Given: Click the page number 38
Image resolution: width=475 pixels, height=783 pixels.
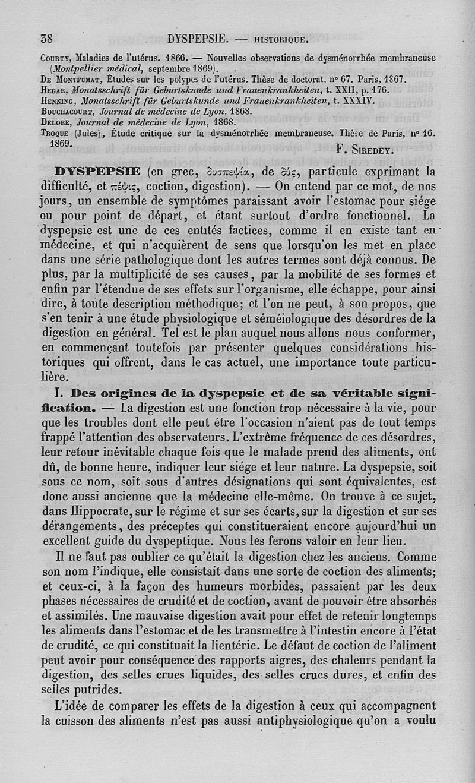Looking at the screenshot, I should coord(47,39).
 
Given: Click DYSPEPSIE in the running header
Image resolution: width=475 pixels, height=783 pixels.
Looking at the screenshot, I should coord(198,39).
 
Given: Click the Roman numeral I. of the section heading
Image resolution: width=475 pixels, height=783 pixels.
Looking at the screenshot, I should coord(56,394).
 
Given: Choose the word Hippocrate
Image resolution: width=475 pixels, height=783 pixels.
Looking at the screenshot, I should coord(86,510).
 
